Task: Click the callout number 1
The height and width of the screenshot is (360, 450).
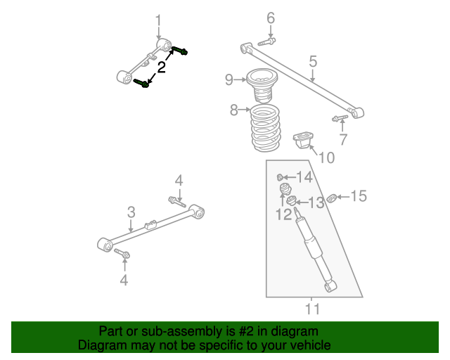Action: tap(158, 20)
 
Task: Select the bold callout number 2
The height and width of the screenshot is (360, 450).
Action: tap(162, 67)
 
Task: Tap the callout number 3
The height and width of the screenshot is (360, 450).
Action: tap(131, 212)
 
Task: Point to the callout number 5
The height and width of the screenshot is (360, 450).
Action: tap(313, 62)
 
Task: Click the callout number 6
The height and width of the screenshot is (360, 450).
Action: tap(270, 18)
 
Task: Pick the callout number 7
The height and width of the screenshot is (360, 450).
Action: tap(342, 139)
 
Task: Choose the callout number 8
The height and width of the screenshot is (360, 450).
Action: tap(234, 110)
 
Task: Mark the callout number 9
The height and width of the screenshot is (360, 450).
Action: tap(229, 79)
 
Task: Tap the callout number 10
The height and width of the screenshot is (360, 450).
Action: tap(326, 157)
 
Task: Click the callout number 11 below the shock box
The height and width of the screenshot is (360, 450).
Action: tap(312, 307)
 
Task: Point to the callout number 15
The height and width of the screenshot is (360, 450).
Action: tap(359, 195)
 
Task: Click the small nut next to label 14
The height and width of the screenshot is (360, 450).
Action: tap(281, 176)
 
